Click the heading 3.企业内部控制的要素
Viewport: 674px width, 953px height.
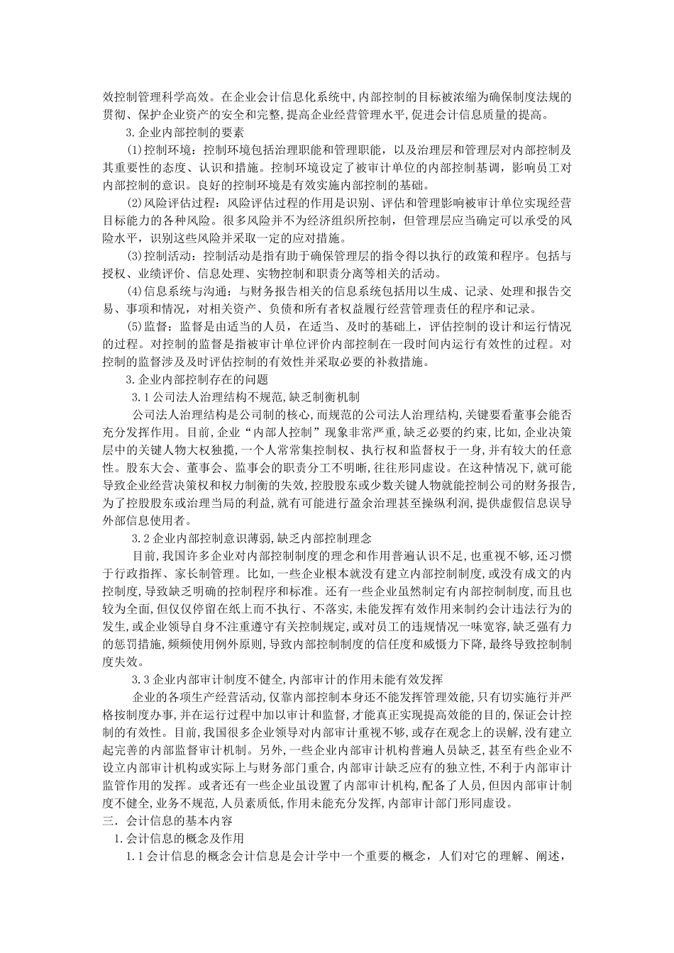tap(184, 132)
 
